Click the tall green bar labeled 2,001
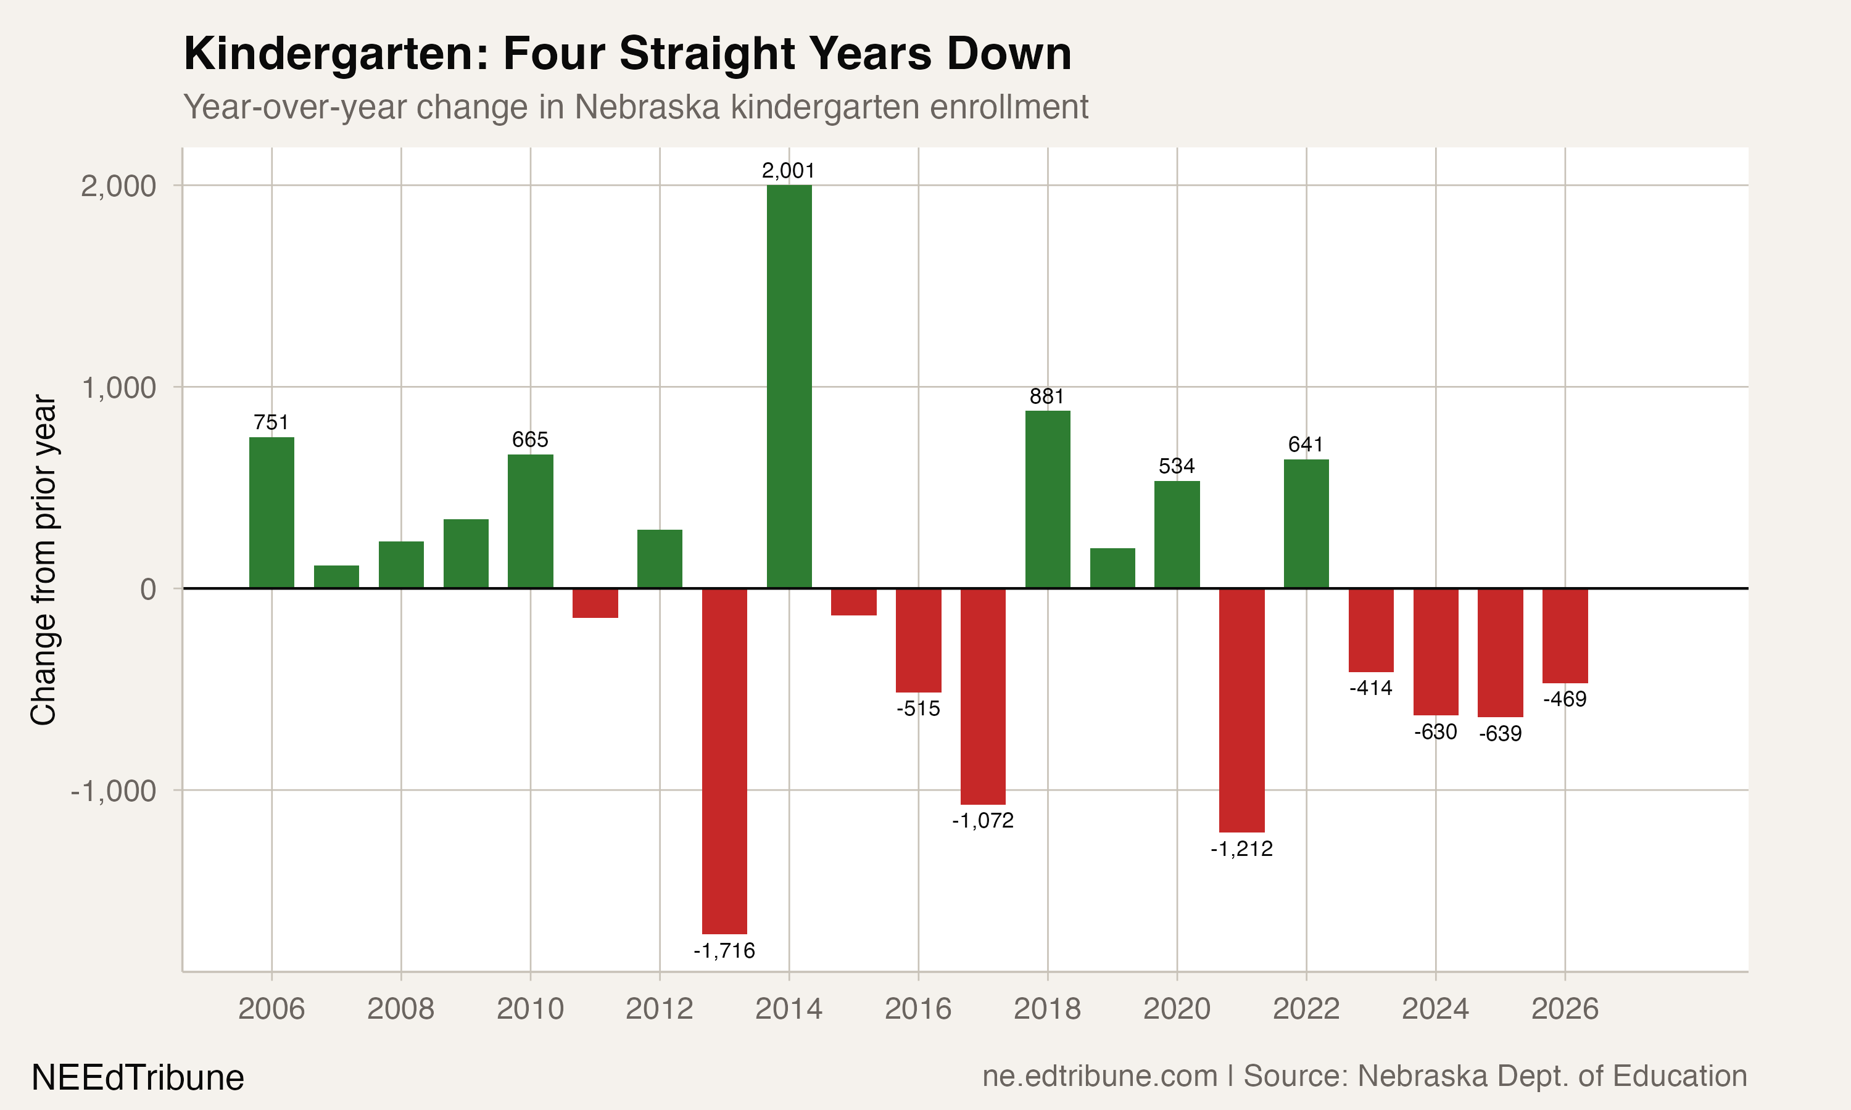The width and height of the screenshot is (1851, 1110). point(789,386)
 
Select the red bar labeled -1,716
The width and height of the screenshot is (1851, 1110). point(724,761)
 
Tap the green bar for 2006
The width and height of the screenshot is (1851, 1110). point(271,512)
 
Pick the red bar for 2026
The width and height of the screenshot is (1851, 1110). point(1565,636)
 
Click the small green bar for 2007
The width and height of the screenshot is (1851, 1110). point(336,577)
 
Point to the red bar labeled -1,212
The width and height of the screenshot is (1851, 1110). point(1241,710)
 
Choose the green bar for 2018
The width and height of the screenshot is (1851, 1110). point(1048,499)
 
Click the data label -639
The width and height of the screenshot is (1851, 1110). point(1500,734)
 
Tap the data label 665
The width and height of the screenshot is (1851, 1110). point(530,440)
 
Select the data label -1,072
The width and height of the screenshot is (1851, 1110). point(982,821)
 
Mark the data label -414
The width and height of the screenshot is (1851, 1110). point(1371,688)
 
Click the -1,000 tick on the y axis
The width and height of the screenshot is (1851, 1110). point(113,791)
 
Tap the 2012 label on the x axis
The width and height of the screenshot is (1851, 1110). point(659,1009)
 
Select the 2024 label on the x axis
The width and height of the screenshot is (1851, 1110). point(1435,1009)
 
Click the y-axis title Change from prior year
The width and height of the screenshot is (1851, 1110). point(43,559)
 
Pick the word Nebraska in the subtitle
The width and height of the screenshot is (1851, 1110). point(647,107)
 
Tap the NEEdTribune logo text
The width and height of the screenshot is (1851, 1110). point(138,1078)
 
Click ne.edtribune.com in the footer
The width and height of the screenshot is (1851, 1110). point(1099,1076)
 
